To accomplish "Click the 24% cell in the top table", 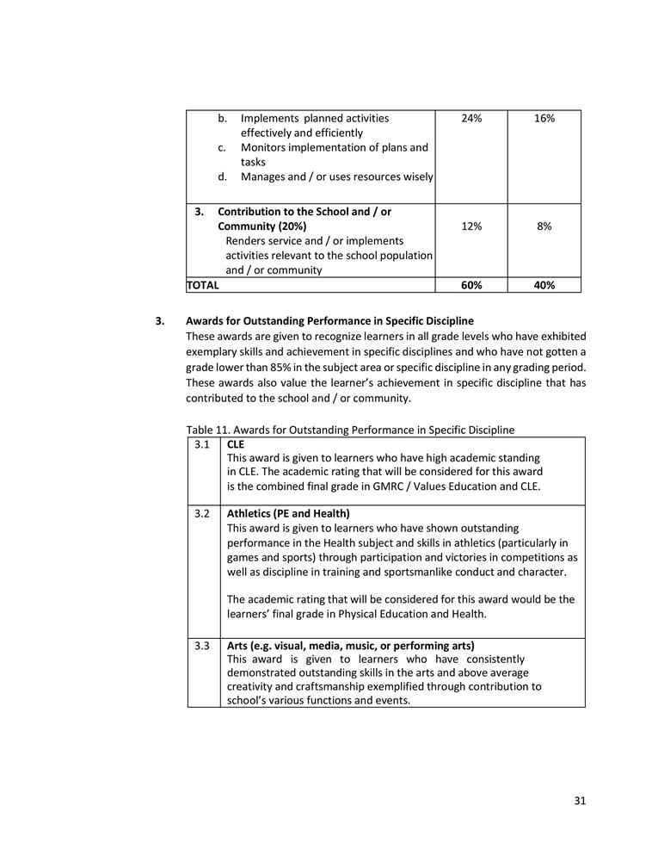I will coord(470,118).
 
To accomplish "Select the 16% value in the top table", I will coord(544,118).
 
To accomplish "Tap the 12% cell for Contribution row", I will coord(470,226).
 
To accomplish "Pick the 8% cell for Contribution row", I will coord(544,226).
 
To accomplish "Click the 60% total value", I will coord(470,285).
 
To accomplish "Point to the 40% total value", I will coord(544,285).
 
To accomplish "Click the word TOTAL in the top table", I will coord(203,285).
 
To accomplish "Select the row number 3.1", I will coord(202,444).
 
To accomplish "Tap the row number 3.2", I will coord(202,513).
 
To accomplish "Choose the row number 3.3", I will coord(202,646).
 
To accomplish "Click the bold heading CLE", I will coord(236,444).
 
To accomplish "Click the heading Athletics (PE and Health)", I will coord(288,513).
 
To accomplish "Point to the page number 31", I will coord(580,801).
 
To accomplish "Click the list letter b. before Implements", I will coord(222,118).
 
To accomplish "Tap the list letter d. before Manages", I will coord(222,177).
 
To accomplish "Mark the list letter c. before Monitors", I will coord(222,147).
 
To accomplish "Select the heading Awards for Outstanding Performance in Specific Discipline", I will coord(329,321).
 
